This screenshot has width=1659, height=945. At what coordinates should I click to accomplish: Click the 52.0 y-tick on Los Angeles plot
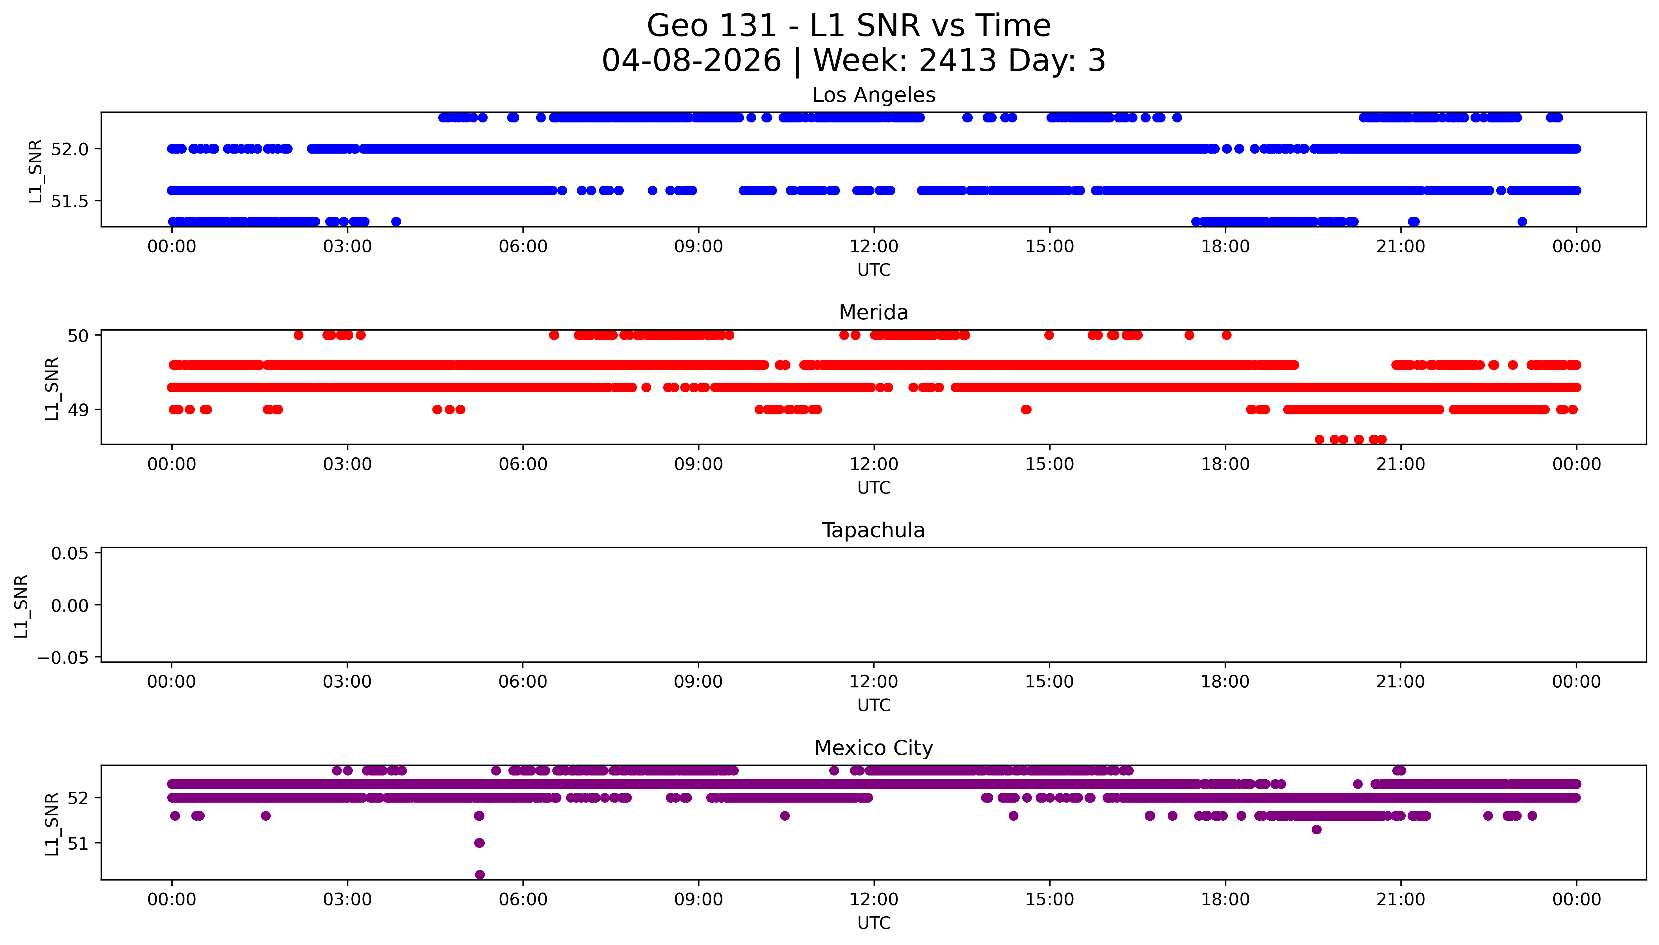[69, 149]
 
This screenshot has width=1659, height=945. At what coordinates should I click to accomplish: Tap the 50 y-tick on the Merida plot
[78, 336]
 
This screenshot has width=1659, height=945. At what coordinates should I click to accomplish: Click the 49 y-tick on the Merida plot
[78, 410]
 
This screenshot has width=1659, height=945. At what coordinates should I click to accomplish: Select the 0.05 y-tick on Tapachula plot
[69, 554]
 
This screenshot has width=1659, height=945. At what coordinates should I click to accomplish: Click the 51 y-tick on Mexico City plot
[78, 844]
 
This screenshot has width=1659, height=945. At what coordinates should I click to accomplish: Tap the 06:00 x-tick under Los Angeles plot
[523, 247]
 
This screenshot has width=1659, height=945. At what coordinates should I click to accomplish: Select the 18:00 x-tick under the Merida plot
[1225, 464]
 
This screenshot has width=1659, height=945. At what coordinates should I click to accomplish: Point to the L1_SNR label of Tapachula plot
[21, 606]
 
